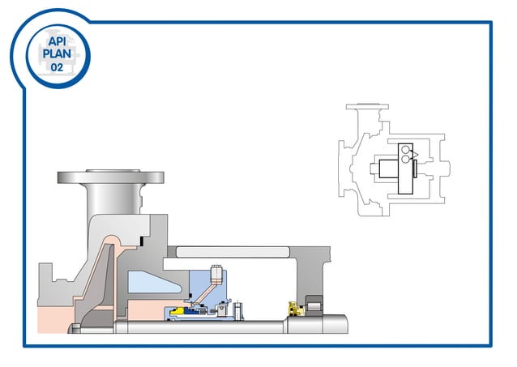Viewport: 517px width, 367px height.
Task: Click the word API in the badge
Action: [57, 40]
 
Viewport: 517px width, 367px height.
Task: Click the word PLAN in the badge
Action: [57, 53]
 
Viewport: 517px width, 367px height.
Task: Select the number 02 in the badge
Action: [57, 67]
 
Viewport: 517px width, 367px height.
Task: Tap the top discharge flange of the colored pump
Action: [109, 176]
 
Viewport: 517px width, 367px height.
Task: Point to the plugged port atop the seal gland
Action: [216, 273]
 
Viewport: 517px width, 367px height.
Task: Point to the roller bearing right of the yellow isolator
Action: [313, 309]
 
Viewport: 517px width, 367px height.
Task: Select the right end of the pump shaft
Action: [344, 327]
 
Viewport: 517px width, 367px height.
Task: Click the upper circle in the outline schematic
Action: [404, 151]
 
